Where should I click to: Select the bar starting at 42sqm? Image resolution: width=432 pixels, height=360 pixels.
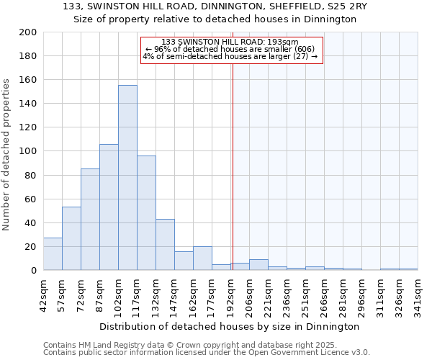pos(53,254)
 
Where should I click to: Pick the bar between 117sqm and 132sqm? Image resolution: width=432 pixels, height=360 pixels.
pos(146,213)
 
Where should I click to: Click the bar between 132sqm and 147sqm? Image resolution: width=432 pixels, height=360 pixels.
pos(165,245)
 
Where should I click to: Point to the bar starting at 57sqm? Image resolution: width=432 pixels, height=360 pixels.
pos(71,238)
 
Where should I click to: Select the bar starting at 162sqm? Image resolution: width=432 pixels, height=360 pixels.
pos(202,258)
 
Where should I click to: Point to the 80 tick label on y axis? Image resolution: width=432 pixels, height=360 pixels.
pos(30,175)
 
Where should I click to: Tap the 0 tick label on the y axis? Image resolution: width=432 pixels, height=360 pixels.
pos(33,271)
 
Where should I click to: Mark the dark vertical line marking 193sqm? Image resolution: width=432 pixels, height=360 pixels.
pos(233,158)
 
